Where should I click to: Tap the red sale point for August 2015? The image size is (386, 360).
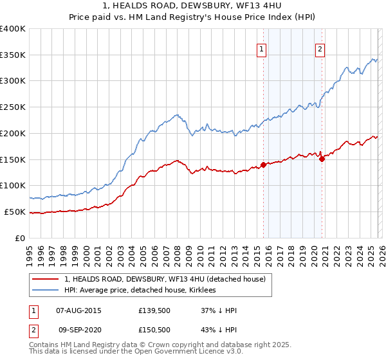click(263, 165)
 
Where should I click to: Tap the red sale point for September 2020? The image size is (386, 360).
click(322, 159)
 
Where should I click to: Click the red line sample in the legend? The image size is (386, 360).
click(46, 278)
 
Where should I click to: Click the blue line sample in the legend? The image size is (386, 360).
click(46, 290)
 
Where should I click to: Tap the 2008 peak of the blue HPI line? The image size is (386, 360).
click(176, 115)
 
